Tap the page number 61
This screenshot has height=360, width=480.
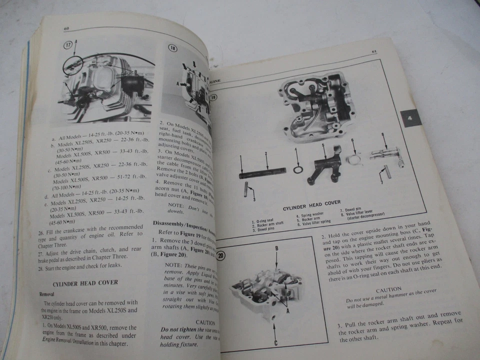[373, 52]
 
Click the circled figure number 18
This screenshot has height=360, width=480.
[172, 48]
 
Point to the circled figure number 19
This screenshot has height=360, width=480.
[214, 98]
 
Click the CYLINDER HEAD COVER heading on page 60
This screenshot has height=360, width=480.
[85, 282]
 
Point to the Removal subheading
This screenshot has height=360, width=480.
[47, 294]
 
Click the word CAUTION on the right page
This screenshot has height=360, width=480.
[388, 289]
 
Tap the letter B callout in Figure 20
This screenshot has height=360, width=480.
[276, 248]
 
